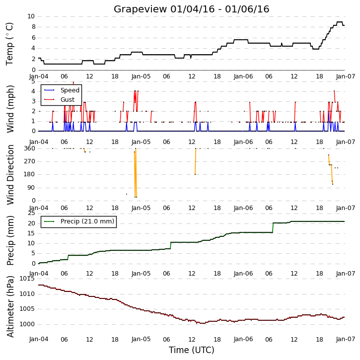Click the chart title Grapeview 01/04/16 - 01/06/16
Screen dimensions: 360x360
[x=191, y=9]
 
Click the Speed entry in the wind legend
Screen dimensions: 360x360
[x=62, y=90]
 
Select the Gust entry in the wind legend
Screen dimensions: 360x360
[x=59, y=100]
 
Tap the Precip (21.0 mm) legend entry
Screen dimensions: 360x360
[x=79, y=221]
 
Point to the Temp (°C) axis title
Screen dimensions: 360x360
[x=9, y=44]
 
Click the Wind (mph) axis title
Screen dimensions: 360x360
[x=10, y=109]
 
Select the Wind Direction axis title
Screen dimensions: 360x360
[x=10, y=175]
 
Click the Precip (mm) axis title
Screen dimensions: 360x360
[x=10, y=240]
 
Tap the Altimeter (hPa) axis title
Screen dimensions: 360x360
[x=10, y=306]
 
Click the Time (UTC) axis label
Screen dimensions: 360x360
[x=192, y=350]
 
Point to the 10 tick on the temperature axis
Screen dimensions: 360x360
[x=31, y=16]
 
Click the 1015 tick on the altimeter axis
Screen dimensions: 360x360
[x=27, y=279]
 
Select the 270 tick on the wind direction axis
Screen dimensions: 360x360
[x=30, y=161]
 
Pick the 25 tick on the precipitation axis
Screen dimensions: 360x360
[x=31, y=214]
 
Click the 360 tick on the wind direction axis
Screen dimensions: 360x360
[x=30, y=148]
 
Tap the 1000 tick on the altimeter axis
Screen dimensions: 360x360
[x=27, y=324]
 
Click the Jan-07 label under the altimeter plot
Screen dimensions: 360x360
[x=346, y=339]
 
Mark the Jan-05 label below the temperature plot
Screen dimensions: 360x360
[x=141, y=76]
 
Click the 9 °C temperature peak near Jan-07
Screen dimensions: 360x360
[x=340, y=22]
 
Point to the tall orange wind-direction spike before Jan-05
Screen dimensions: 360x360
[x=136, y=173]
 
